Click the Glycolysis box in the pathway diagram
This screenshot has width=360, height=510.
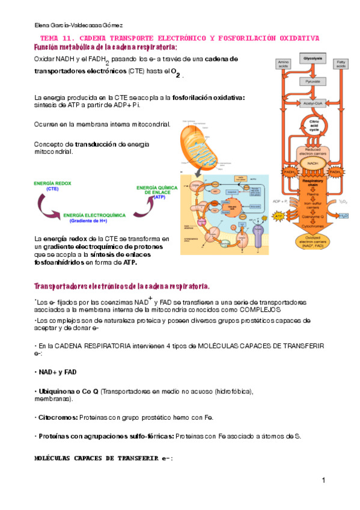tap(313, 58)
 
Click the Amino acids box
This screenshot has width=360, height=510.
tap(283, 63)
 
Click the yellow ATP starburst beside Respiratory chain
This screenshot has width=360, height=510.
tap(279, 215)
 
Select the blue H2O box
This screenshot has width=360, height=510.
tap(343, 215)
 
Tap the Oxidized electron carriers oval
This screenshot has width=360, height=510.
tap(313, 242)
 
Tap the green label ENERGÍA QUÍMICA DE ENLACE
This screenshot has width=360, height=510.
tap(157, 191)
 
